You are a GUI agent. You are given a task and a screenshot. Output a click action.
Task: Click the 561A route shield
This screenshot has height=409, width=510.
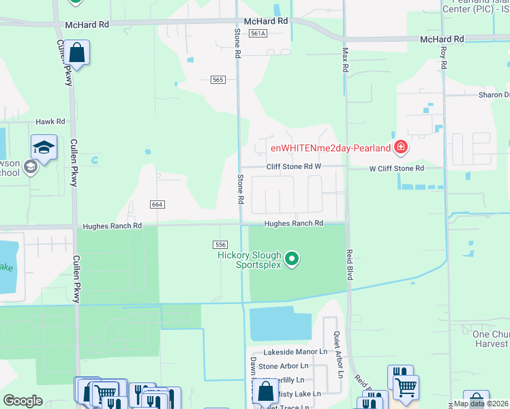[257, 33]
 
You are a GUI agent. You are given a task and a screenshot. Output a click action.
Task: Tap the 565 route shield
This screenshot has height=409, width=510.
[218, 80]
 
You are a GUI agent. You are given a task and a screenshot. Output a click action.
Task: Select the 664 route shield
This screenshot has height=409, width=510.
[157, 204]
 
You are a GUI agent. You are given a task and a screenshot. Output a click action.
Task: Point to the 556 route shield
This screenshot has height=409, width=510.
[220, 244]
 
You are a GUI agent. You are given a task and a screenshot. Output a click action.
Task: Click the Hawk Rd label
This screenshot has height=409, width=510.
[50, 121]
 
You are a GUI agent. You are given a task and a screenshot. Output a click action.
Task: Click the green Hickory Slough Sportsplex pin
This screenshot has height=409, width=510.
[292, 259]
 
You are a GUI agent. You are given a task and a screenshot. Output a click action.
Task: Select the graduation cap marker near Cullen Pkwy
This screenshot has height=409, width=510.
[44, 148]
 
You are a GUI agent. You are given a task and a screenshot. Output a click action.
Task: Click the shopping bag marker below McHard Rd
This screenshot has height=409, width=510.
[77, 53]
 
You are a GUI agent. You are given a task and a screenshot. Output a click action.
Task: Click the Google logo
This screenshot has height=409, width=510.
[22, 401]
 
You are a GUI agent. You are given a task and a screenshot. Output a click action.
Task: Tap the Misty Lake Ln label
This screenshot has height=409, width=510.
[299, 393]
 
